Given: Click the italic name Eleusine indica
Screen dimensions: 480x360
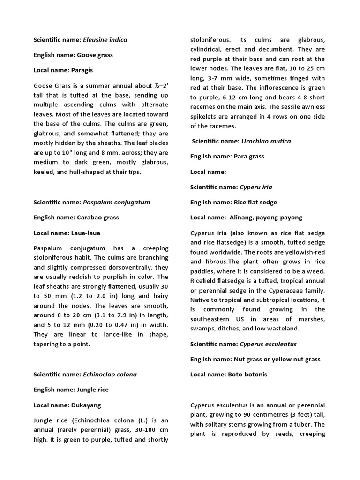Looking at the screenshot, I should [105, 40].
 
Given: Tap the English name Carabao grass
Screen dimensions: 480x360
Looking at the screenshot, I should [97, 217].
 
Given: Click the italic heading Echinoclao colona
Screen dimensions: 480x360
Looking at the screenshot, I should [110, 375].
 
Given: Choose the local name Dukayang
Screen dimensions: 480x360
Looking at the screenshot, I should [86, 405].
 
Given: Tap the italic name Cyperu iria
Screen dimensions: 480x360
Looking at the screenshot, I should [256, 187].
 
